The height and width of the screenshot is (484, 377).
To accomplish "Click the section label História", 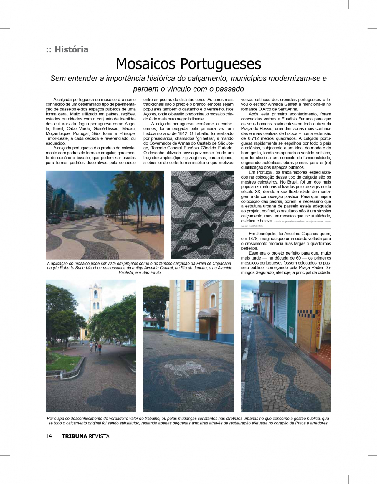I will click(71, 49).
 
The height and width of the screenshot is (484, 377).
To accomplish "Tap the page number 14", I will click(49, 436).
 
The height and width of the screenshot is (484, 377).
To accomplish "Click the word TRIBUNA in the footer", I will click(74, 436).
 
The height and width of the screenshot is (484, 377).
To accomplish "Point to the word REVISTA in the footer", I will click(99, 436).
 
